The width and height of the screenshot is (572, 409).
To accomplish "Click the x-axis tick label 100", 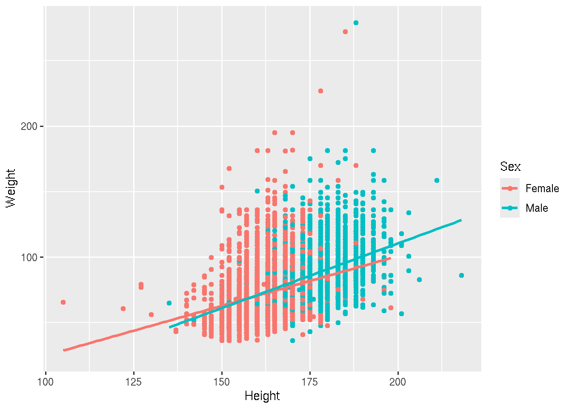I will click(46, 382).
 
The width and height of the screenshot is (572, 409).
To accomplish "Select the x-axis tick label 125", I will click(134, 382).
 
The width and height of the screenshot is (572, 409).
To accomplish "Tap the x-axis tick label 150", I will click(222, 382).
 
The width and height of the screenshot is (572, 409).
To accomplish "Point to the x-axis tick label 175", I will click(310, 382).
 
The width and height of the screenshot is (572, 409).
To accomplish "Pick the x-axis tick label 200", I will click(398, 382).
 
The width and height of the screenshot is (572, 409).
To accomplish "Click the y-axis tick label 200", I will click(29, 127).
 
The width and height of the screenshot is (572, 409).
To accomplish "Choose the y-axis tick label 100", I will click(29, 257).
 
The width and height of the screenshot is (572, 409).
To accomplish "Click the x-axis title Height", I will click(262, 396).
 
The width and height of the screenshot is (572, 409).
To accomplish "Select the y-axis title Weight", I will click(11, 188).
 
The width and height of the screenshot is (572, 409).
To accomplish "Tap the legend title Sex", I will click(510, 167).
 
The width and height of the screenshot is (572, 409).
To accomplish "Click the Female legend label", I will click(542, 188).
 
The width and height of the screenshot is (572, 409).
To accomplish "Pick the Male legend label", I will click(537, 208).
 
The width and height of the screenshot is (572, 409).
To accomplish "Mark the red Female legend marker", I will click(510, 188).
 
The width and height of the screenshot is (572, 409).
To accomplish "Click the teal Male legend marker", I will click(510, 208).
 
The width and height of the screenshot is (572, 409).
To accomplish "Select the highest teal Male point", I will click(356, 23).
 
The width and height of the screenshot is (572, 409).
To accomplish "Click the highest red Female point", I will click(345, 32).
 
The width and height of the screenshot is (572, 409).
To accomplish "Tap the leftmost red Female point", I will click(63, 302).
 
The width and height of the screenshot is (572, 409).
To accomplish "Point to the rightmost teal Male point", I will click(461, 276).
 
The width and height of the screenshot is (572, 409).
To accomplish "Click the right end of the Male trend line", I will click(461, 220).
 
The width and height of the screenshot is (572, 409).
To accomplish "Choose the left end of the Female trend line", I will click(63, 350).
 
